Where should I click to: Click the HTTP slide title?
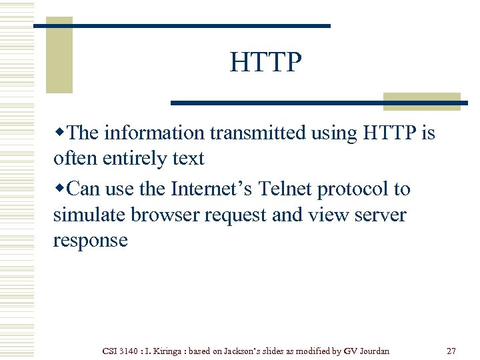point(265,63)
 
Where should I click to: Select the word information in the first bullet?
point(155,133)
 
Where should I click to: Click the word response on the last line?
point(90,241)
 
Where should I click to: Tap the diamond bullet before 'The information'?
point(59,133)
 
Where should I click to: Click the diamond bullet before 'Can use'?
point(59,189)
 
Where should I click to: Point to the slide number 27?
point(451,351)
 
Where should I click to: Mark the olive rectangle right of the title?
point(422,101)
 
